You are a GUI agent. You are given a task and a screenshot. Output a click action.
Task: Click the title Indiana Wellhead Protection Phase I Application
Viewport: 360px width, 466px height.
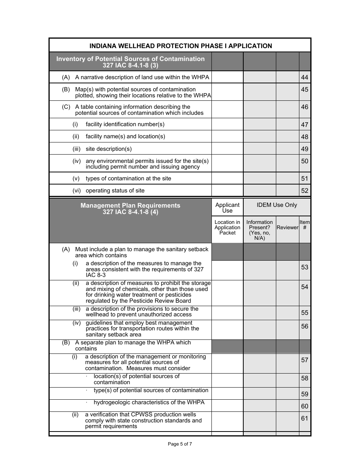180,46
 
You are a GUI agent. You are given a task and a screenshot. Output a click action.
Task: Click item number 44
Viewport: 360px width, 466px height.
305,78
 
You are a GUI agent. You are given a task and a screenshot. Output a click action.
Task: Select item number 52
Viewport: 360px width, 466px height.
305,191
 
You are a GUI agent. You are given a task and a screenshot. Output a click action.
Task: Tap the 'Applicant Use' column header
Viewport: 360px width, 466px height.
227,208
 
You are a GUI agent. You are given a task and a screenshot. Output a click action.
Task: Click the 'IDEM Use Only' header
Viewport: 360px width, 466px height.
277,205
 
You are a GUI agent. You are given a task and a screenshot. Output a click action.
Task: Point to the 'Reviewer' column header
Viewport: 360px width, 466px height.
287,227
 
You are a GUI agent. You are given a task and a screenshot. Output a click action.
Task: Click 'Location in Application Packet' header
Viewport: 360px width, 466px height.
227,227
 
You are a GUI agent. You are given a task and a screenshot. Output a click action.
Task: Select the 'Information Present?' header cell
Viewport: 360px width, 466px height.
260,230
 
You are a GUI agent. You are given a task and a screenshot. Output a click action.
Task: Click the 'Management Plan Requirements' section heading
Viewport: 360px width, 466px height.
130,208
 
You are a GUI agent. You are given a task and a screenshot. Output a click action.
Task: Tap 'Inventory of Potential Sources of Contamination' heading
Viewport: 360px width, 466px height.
130,62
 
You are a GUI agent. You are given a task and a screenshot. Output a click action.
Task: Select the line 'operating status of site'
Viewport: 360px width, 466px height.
115,191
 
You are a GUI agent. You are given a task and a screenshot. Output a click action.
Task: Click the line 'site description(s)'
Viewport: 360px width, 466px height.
109,149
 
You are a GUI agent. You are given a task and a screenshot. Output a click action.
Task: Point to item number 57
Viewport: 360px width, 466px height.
305,360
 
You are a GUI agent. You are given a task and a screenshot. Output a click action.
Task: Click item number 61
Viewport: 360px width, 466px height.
305,418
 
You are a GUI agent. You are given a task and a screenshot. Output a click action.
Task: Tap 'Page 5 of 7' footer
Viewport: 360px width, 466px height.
180,444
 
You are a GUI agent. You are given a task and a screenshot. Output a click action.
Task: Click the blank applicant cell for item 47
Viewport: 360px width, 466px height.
227,124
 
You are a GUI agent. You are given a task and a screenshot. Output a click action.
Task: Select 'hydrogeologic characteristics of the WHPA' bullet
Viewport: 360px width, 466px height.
149,402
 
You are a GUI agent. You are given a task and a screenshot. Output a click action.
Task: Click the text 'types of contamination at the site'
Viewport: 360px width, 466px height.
128,178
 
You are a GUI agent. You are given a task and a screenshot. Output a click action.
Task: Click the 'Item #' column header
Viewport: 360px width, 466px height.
305,225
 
